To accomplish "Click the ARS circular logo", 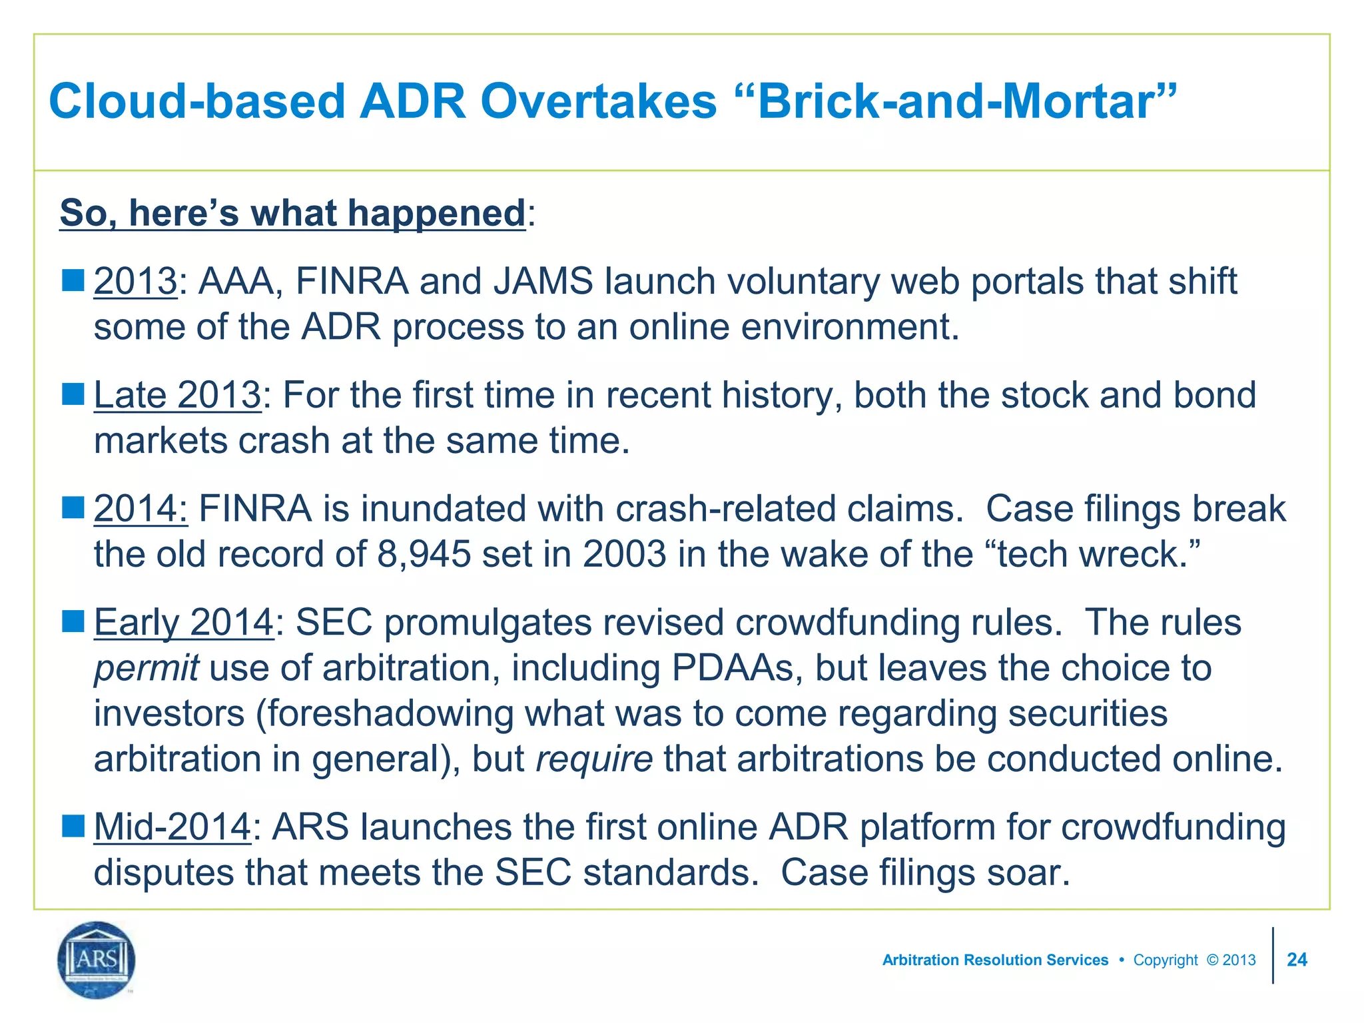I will click(x=97, y=960).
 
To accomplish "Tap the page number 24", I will click(x=1297, y=960).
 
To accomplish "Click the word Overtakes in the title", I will click(x=598, y=102).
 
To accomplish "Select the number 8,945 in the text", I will click(x=424, y=554).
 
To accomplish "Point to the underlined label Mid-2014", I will click(x=172, y=827).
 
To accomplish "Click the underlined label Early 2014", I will click(x=183, y=623).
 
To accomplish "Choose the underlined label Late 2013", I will click(x=177, y=395).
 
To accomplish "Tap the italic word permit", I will click(x=146, y=668).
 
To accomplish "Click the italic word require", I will click(x=594, y=759).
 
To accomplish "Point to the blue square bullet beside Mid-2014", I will click(x=73, y=826).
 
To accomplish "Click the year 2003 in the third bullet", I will click(x=624, y=554).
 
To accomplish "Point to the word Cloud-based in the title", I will click(x=197, y=102).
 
